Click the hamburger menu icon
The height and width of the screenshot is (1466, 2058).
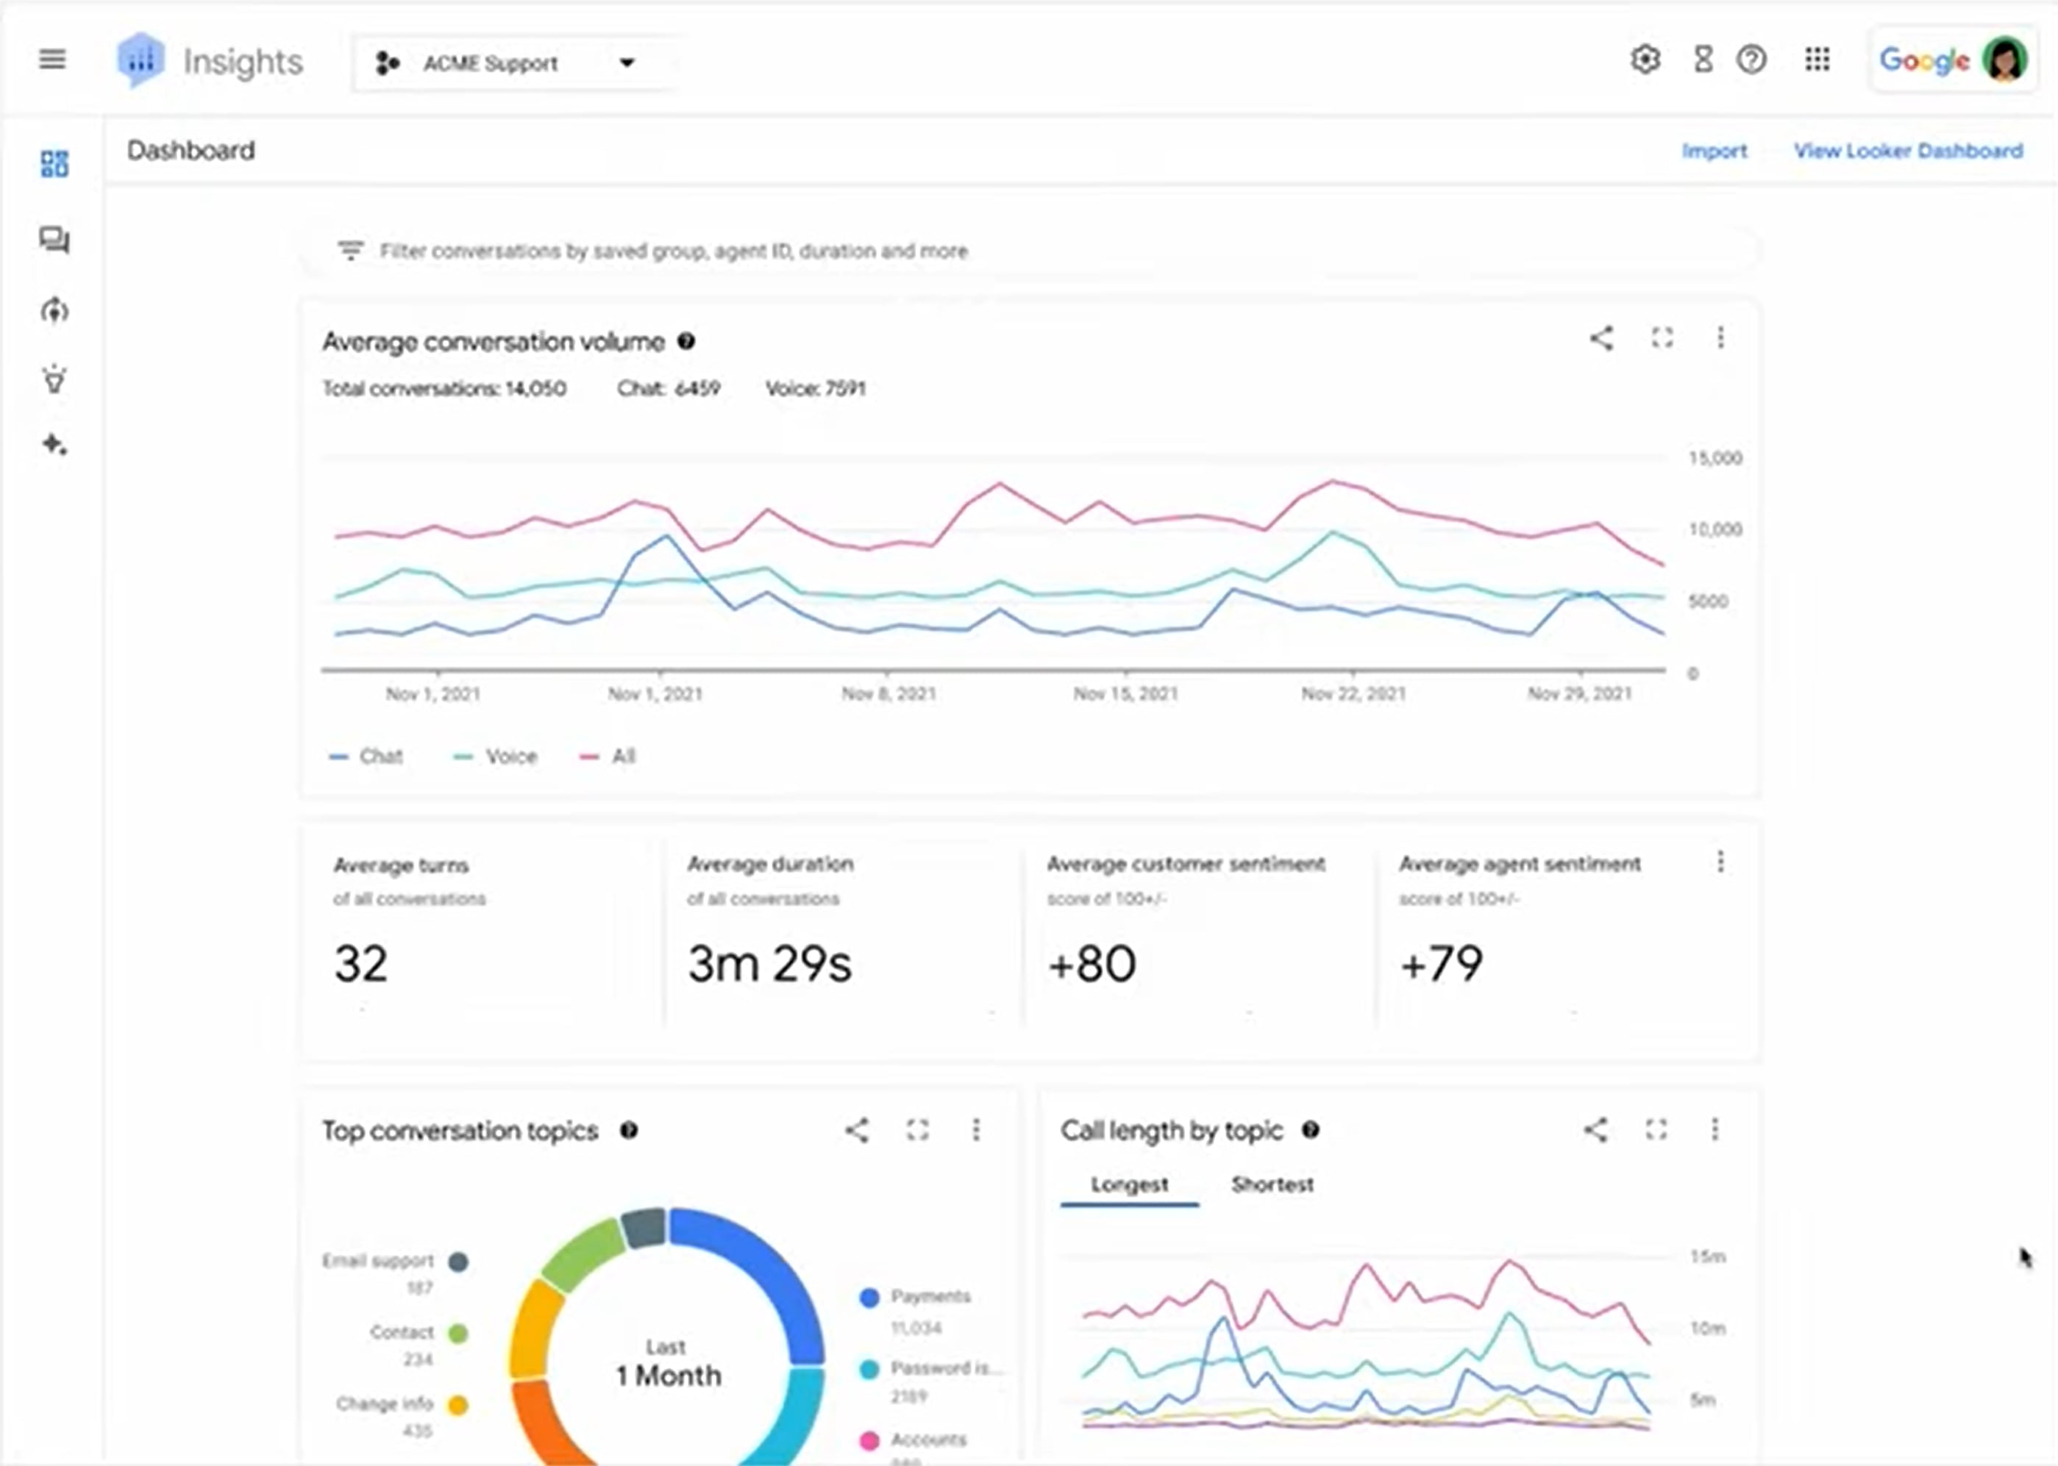[52, 60]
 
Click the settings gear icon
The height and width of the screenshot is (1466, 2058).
[1645, 60]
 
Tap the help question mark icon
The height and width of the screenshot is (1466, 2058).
[1751, 60]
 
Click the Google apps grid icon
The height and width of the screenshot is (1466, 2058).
[1817, 60]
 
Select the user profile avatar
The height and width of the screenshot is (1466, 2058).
[2005, 60]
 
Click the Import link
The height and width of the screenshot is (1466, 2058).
[1714, 151]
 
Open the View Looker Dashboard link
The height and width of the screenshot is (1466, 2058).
[1907, 151]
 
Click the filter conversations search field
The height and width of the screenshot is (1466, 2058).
[673, 251]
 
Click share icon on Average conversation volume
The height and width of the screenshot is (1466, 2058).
[1601, 338]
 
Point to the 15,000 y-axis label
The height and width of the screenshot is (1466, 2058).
[1715, 459]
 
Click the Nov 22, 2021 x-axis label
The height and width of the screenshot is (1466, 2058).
[1353, 694]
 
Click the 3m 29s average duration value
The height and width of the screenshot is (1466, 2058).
[769, 964]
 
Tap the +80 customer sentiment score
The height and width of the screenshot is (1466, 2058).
[1092, 964]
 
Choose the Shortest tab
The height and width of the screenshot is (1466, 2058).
[1272, 1184]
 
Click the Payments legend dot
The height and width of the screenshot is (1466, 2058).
[869, 1297]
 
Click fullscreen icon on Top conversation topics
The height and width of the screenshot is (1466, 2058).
[917, 1130]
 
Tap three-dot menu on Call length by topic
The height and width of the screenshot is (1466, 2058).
[1715, 1130]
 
